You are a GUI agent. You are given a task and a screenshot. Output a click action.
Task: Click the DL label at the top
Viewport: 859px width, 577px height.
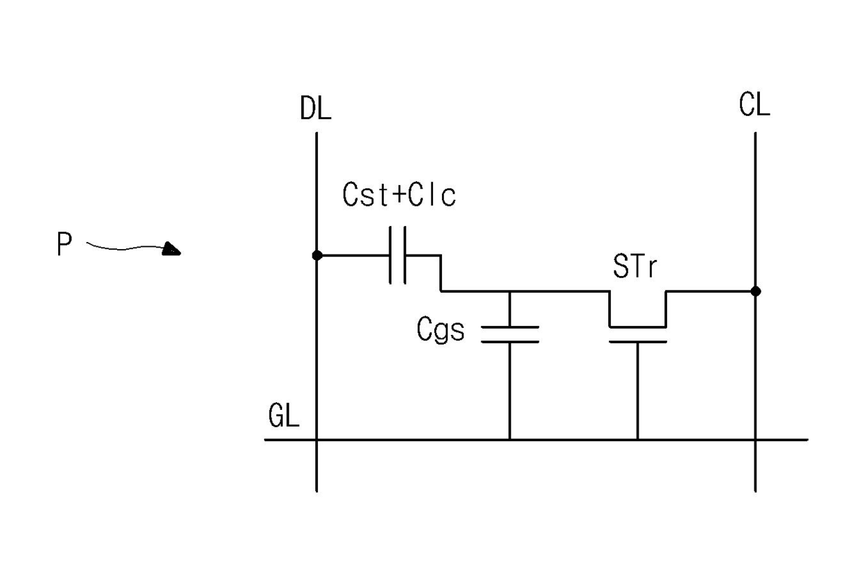pyautogui.click(x=316, y=110)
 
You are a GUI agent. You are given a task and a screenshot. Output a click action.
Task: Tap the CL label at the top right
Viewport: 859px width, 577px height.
pyautogui.click(x=754, y=106)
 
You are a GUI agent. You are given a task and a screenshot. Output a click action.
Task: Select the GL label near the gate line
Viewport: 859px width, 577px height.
pyautogui.click(x=284, y=417)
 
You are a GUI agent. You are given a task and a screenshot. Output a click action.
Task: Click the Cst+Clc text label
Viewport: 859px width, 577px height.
pyautogui.click(x=400, y=196)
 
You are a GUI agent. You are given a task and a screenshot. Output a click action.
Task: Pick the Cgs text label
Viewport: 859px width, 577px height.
pyautogui.click(x=441, y=330)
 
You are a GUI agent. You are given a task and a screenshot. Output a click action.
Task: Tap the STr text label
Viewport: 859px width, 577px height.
pyautogui.click(x=634, y=267)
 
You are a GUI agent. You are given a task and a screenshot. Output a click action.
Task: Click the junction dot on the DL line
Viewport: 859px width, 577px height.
pyautogui.click(x=317, y=255)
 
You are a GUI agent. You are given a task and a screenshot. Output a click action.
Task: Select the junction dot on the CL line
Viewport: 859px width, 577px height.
pyautogui.click(x=755, y=291)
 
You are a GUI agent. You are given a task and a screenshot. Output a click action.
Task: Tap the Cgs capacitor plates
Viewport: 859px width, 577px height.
pyautogui.click(x=510, y=334)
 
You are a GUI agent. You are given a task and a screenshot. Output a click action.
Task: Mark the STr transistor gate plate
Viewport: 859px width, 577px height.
pyautogui.click(x=637, y=341)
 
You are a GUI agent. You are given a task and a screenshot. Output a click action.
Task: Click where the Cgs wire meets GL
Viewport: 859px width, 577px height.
pyautogui.click(x=510, y=439)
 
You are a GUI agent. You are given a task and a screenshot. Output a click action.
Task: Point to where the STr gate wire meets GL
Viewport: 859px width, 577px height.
pyautogui.click(x=637, y=439)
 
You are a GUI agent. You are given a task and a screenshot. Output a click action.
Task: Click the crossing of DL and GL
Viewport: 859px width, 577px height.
pyautogui.click(x=317, y=439)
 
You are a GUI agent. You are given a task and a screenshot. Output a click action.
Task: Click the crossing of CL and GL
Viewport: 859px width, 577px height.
pyautogui.click(x=755, y=439)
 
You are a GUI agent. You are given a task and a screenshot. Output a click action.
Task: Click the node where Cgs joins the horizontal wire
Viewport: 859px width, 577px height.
pyautogui.click(x=510, y=291)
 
